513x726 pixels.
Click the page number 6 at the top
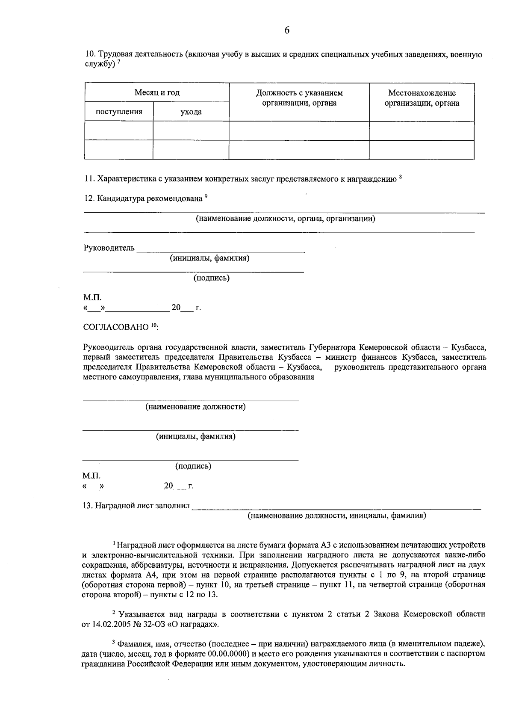click(x=286, y=30)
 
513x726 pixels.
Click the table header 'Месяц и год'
click(x=157, y=93)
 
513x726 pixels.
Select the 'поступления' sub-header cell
click(x=119, y=112)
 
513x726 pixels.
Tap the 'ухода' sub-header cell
click(x=191, y=112)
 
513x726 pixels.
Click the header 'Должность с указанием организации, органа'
click(x=299, y=98)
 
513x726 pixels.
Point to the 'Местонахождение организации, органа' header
click(x=422, y=98)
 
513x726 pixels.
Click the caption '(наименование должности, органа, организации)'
click(x=286, y=219)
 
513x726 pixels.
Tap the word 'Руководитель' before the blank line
click(x=109, y=248)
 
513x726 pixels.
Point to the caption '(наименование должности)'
click(x=196, y=407)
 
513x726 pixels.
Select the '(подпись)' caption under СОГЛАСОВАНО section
click(x=193, y=466)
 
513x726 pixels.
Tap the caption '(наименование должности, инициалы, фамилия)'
click(x=337, y=516)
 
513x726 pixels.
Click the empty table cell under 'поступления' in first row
click(x=119, y=131)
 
